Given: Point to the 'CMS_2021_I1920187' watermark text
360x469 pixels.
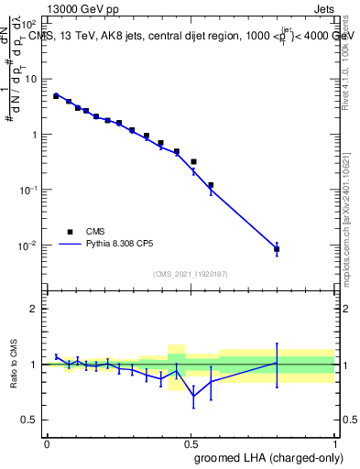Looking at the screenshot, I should click(x=190, y=272).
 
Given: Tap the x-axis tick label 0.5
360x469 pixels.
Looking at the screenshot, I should click(x=191, y=442).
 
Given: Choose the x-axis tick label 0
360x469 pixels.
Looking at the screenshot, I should click(x=47, y=442).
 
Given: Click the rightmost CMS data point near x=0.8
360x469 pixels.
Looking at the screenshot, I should click(x=277, y=249).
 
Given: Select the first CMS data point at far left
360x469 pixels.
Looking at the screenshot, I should click(x=56, y=95).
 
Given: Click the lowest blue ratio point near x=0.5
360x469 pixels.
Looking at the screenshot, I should click(x=193, y=395).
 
